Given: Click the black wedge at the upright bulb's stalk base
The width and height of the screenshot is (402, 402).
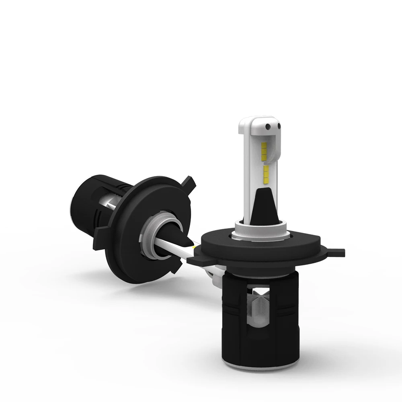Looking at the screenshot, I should pyautogui.click(x=263, y=209).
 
